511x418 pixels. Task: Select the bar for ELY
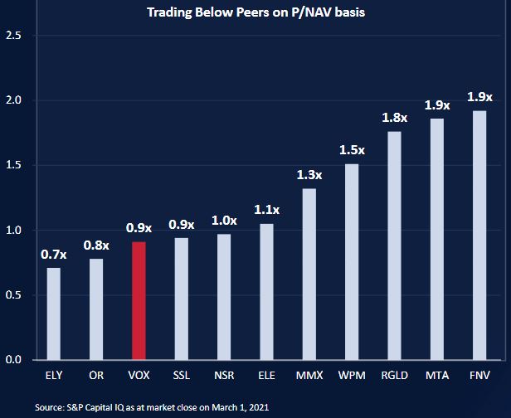[x=53, y=313]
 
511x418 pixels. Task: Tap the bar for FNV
[x=479, y=235]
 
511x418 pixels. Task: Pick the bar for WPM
[x=352, y=261]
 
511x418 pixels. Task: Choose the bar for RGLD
[x=394, y=245]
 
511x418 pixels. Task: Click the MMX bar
[x=309, y=274]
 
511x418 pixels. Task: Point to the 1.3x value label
[x=309, y=175]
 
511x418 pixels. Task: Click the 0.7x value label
[x=53, y=254]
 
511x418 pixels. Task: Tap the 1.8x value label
[x=394, y=118]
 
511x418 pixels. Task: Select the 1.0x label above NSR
[x=223, y=221]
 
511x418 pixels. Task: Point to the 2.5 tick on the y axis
[x=12, y=36]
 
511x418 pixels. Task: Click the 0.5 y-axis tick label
[x=12, y=295]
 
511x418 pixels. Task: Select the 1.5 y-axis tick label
[x=12, y=165]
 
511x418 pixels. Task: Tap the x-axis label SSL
[x=181, y=376]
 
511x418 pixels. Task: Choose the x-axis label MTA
[x=436, y=376]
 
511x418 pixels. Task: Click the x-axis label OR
[x=96, y=376]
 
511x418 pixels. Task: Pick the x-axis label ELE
[x=266, y=376]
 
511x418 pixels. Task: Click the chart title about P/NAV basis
[x=255, y=12]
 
